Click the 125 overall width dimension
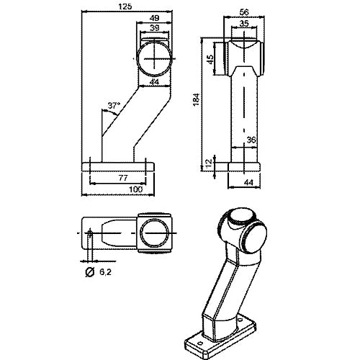(125, 6)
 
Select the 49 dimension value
(154, 18)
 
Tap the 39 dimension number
(155, 28)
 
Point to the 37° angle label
(114, 105)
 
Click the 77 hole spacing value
(123, 178)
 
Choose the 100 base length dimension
(136, 189)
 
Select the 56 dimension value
(244, 12)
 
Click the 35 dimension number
(244, 24)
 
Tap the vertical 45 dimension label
(210, 59)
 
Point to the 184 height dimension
(197, 99)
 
